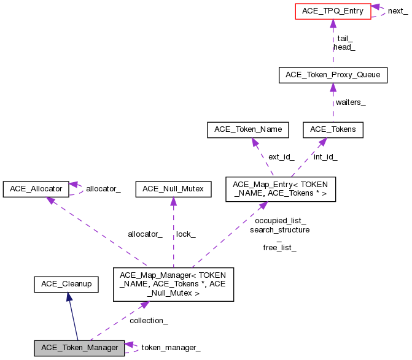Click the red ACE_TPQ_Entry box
(333, 11)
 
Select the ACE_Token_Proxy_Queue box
(333, 75)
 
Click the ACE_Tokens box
(333, 129)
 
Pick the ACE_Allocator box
(35, 189)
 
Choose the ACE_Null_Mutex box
(173, 189)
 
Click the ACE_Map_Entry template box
(281, 189)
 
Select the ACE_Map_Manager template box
(173, 284)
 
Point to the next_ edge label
(397, 11)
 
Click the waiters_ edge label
(350, 102)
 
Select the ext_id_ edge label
(281, 156)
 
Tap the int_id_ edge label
(325, 156)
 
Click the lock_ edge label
(185, 234)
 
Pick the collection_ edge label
(149, 320)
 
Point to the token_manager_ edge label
(171, 348)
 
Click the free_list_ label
(279, 248)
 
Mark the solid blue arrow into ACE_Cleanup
(69, 298)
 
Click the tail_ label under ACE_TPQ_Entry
(344, 38)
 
